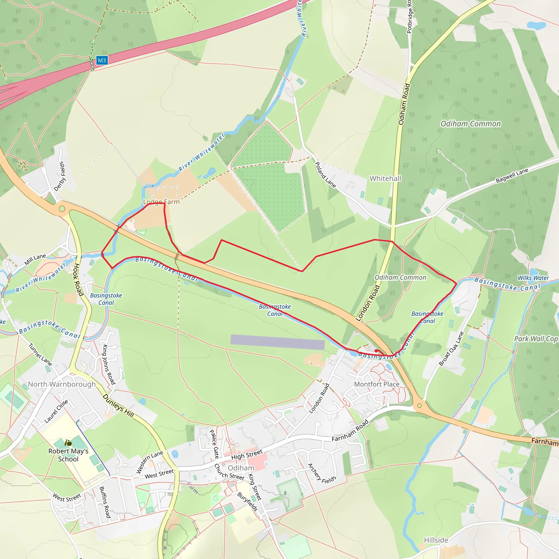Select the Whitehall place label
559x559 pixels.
[385, 178]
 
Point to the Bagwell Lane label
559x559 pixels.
[512, 175]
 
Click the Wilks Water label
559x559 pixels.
[533, 278]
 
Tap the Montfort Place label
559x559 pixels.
[377, 384]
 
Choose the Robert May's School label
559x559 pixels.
[68, 455]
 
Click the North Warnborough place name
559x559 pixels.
[62, 384]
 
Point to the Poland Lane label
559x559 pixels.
[325, 175]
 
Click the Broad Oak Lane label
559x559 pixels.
[451, 349]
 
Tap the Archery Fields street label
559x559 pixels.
[322, 474]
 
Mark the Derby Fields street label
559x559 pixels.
[60, 176]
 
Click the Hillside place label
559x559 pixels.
[436, 540]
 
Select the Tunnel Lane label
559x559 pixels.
[40, 355]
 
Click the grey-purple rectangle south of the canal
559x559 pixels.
[277, 342]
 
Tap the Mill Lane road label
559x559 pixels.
[35, 259]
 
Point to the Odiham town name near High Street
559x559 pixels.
[241, 468]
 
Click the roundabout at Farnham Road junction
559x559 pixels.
[419, 406]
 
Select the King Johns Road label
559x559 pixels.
[109, 364]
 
